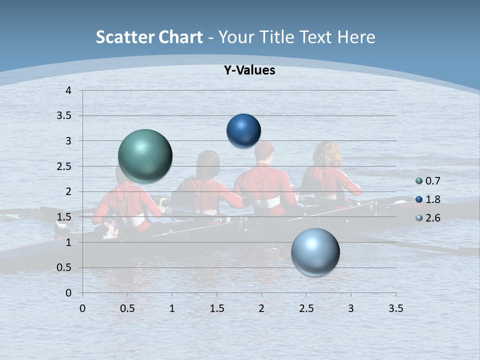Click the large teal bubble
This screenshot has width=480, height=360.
(x=145, y=155)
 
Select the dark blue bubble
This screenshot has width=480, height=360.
(x=243, y=131)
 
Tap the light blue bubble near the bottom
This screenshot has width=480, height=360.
(x=315, y=252)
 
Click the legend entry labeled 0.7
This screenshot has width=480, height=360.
(x=432, y=181)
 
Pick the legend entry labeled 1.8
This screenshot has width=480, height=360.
(x=432, y=199)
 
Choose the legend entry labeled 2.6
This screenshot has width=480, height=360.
(x=432, y=218)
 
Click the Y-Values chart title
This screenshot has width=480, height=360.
(x=249, y=70)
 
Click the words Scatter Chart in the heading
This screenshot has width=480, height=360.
(x=149, y=37)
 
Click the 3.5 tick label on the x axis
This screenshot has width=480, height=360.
(x=395, y=308)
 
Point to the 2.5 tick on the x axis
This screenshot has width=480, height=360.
(x=306, y=308)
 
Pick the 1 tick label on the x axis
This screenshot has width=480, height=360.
(x=172, y=308)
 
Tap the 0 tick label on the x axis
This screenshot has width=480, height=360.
(x=83, y=308)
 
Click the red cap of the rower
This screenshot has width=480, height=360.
(x=264, y=148)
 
